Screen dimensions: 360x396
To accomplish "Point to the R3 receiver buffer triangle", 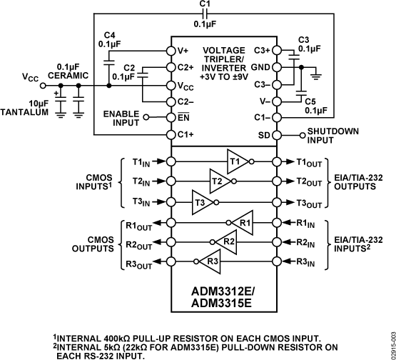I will pyautogui.click(x=211, y=261).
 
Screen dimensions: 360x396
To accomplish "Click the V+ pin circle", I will pyautogui.click(x=171, y=51).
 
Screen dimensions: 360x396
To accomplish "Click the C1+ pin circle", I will pyautogui.click(x=171, y=135).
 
